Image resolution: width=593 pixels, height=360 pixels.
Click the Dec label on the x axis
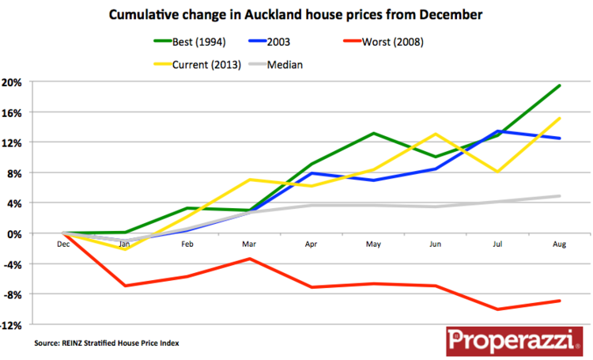point(63,244)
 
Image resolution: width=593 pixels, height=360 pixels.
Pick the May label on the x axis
point(373,244)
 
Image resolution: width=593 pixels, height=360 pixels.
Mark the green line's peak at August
point(560,85)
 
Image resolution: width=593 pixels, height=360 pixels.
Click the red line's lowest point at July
point(497,309)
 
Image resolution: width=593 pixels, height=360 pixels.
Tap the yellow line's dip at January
point(125,249)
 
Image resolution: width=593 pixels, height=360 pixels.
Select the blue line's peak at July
point(497,131)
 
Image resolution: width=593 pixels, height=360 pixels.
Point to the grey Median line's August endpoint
point(560,196)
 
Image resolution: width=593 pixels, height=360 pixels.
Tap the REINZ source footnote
point(107,343)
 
